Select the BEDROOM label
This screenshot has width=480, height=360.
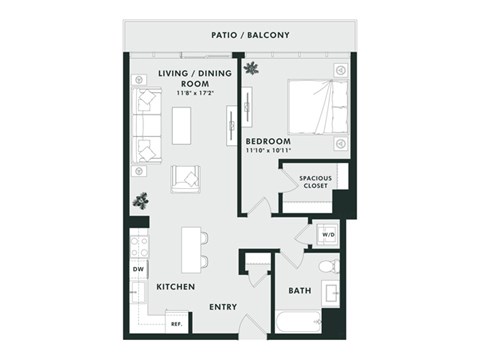click(268, 142)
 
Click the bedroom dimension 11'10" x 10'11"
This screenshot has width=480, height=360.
click(268, 152)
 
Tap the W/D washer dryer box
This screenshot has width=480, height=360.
click(326, 236)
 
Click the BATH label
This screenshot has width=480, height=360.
click(299, 291)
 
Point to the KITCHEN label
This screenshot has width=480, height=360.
click(176, 287)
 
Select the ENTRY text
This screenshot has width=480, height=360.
click(222, 307)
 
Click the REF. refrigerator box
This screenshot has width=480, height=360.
click(176, 324)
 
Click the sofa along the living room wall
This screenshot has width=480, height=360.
click(148, 125)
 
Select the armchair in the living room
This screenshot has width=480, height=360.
click(187, 177)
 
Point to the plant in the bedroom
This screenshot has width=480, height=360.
click(251, 69)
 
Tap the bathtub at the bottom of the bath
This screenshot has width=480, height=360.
click(299, 322)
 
